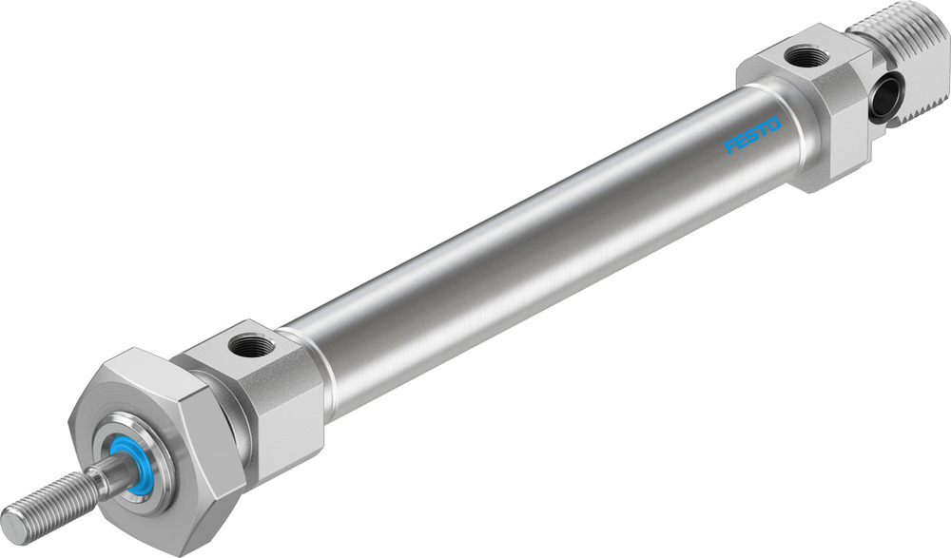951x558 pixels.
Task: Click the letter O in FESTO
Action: pos(774,124)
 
